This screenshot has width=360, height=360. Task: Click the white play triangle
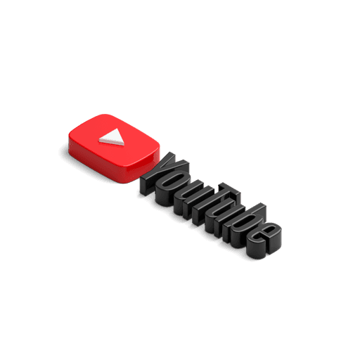pyautogui.click(x=112, y=138)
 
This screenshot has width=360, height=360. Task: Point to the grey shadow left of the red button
pyautogui.click(x=64, y=152)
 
